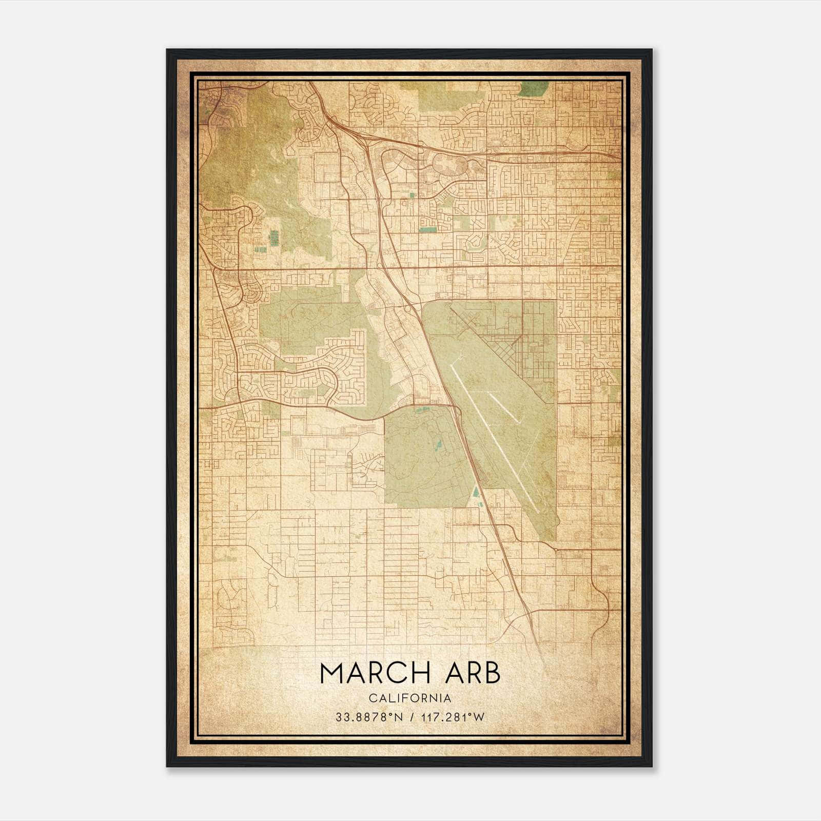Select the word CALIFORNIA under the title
pos(409,698)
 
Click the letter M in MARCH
pos(333,673)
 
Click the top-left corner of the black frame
pos(167,50)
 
